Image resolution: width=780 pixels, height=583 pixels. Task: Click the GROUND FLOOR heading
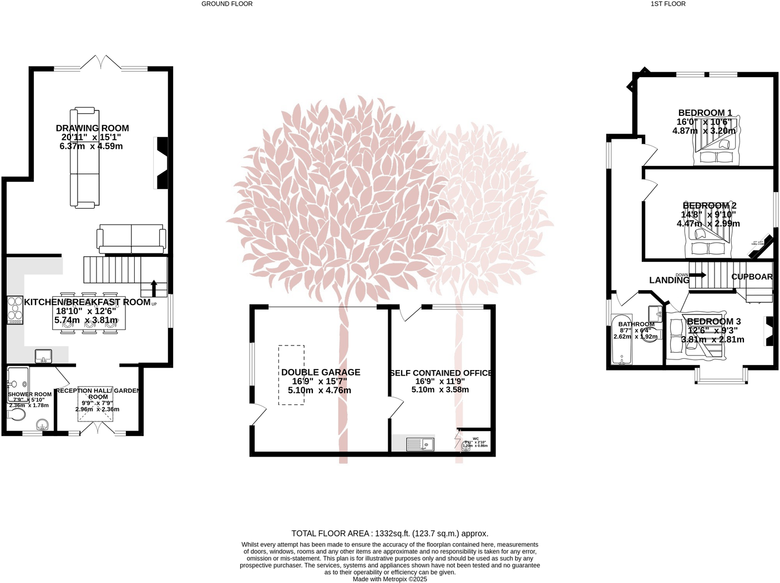(x=226, y=4)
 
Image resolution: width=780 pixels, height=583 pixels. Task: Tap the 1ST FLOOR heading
(x=668, y=4)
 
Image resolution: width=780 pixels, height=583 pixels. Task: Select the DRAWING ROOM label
(x=92, y=128)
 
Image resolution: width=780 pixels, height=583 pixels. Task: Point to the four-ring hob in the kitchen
(x=15, y=311)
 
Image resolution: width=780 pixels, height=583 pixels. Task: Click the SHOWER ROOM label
(x=29, y=394)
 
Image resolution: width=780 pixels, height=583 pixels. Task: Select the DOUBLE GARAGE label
(x=320, y=372)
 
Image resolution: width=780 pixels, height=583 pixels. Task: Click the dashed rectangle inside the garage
(x=291, y=375)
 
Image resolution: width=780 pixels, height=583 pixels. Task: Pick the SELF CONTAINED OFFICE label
(x=441, y=373)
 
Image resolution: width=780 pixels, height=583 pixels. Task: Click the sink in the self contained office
(x=420, y=444)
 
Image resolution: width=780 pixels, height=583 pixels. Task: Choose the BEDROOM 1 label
(x=705, y=113)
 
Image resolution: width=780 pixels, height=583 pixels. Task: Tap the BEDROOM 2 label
(x=710, y=206)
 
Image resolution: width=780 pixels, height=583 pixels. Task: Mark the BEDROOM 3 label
(x=713, y=322)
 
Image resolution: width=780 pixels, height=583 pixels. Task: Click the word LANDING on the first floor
(x=669, y=280)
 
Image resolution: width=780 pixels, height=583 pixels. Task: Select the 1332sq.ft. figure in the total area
(x=392, y=534)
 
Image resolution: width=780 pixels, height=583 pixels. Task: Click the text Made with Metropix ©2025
(x=389, y=579)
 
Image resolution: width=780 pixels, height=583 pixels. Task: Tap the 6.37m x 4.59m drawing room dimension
(x=91, y=146)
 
